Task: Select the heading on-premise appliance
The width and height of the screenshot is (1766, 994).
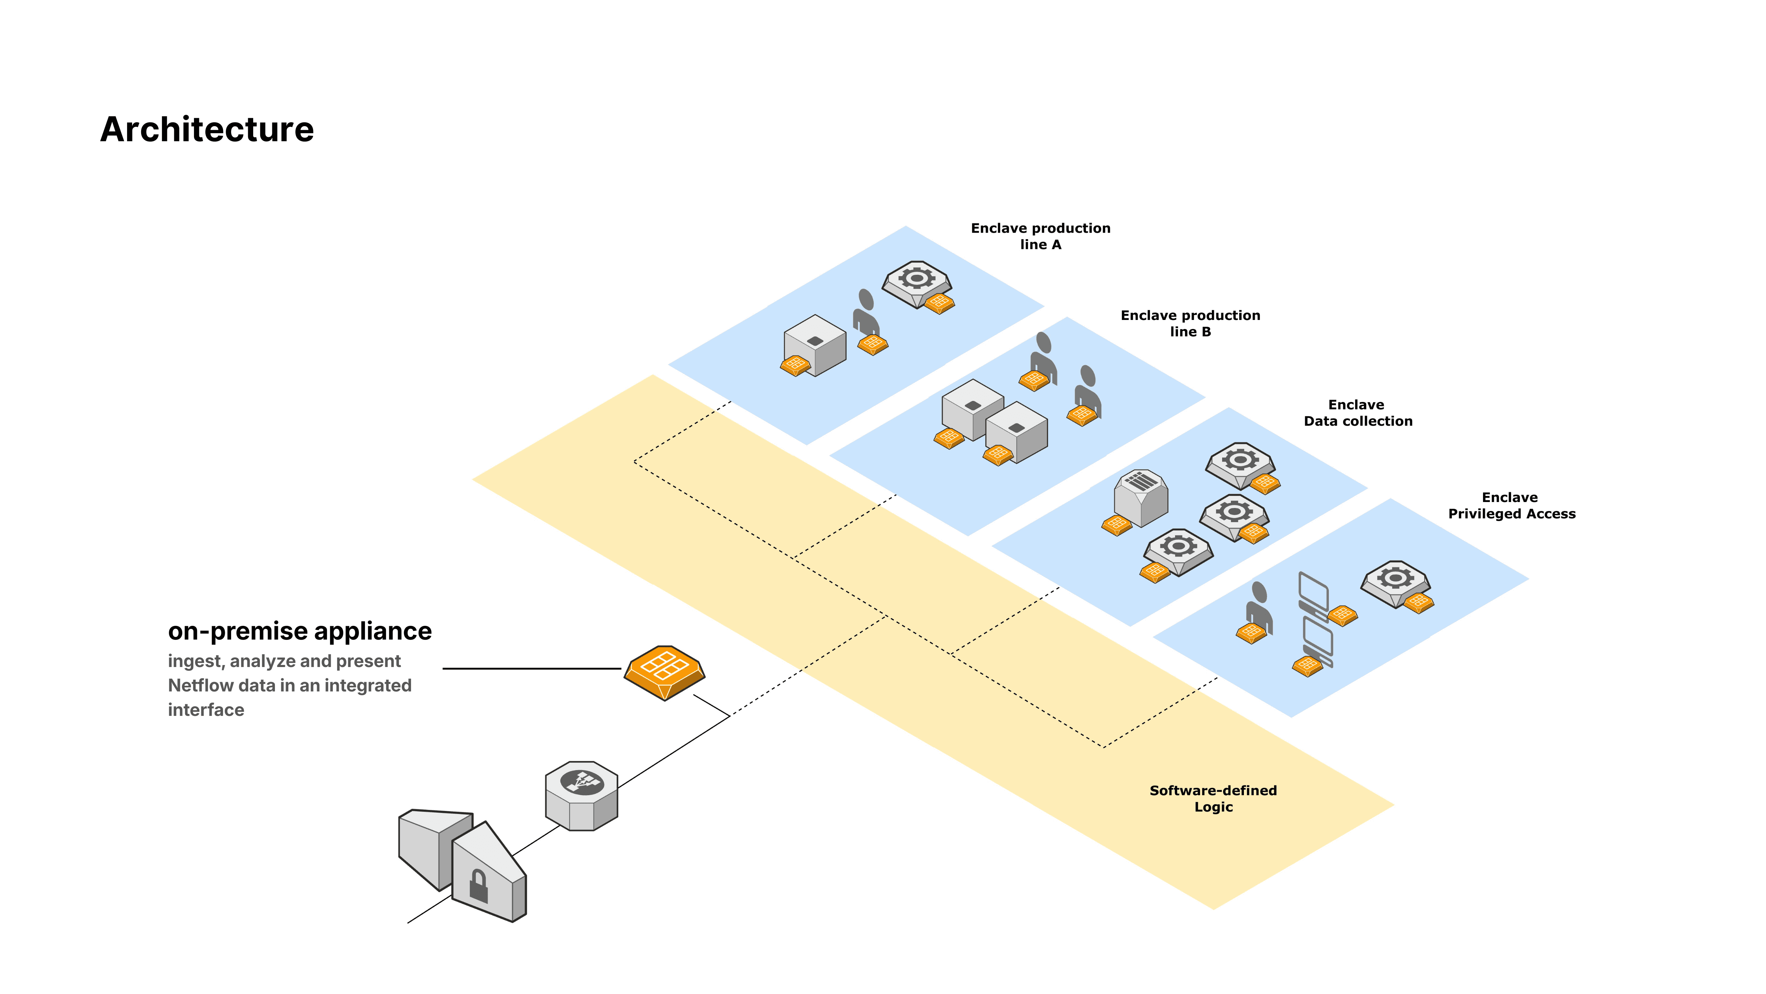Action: point(300,631)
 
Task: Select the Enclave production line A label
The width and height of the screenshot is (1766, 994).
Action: point(1040,236)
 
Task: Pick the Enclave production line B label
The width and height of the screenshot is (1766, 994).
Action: point(1190,323)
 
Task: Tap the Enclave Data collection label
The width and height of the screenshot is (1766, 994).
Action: point(1357,413)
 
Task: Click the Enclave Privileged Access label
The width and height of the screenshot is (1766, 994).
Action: point(1511,506)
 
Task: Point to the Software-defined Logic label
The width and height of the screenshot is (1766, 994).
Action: point(1213,799)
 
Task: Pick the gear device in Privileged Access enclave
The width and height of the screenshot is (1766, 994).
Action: point(1395,582)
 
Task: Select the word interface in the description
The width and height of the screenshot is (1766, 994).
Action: point(206,710)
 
